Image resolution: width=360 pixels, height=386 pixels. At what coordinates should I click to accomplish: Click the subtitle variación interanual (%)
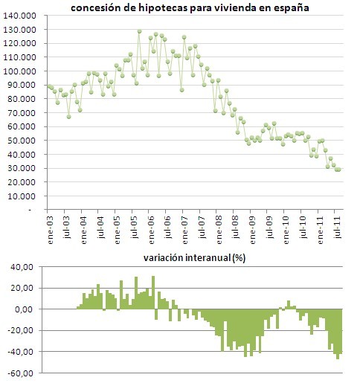pos(195,259)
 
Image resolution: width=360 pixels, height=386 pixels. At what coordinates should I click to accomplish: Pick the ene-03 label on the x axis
pos(49,227)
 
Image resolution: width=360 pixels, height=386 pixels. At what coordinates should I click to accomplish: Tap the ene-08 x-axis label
pos(219,227)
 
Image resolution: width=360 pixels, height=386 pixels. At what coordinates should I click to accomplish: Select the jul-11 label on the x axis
pos(338,227)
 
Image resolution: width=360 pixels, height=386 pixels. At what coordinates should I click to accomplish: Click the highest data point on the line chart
pos(139,31)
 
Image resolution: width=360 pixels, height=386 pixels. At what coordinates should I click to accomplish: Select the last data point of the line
pos(339,170)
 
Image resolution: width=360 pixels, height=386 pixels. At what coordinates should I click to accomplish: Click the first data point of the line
pos(49,87)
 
